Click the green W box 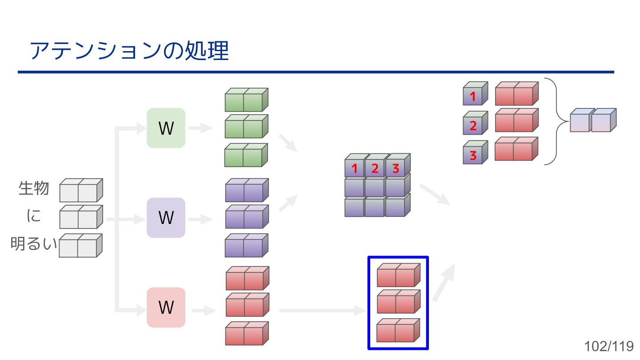pos(166,128)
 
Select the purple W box pos(166,218)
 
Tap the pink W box pos(166,307)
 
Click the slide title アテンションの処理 pos(129,51)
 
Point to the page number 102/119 pos(609,346)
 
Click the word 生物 pos(34,188)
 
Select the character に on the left pos(34,216)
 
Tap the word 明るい pos(34,244)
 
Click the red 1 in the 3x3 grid pos(355,168)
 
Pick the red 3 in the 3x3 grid pos(396,168)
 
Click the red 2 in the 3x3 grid pos(375,168)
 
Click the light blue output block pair pos(592,121)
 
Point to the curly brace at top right pos(556,121)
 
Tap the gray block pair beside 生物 pos(80,191)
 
